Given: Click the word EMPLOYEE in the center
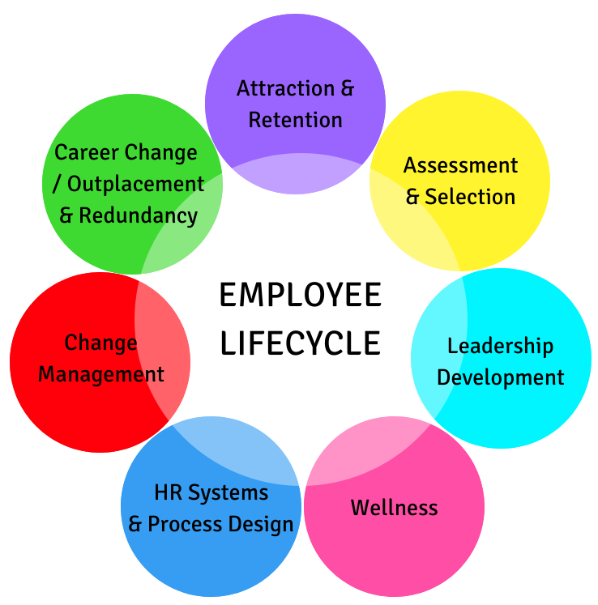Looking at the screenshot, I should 300,296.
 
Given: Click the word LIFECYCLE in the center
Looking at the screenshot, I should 300,343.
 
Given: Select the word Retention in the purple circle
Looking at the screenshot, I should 295,120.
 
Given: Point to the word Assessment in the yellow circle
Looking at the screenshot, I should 460,165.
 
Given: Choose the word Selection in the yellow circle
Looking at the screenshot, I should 470,197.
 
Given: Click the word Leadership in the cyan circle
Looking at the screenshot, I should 500,346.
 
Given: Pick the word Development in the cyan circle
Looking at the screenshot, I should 500,377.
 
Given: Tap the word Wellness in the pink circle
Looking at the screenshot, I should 394,508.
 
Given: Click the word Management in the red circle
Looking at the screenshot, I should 101,375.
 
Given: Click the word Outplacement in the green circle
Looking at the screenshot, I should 135,184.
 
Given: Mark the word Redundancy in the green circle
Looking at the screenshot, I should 139,215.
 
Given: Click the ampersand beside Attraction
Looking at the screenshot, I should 347,88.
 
